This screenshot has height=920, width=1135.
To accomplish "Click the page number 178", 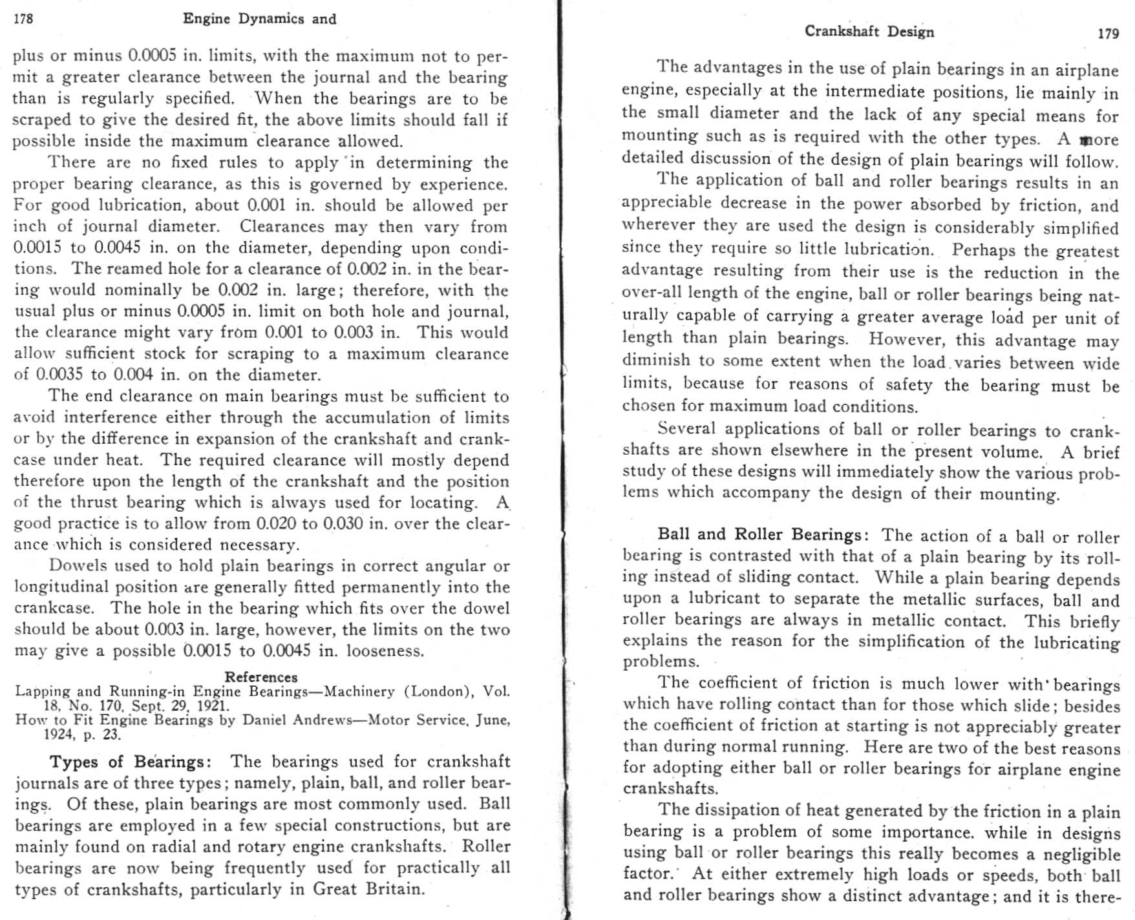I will [x=23, y=19].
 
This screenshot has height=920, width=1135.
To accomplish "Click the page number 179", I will [x=1108, y=34].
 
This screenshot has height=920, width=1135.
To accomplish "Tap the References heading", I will [x=261, y=677].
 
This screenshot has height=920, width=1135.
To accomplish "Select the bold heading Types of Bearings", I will [x=130, y=762].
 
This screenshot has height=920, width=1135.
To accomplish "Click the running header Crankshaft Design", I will [x=869, y=32].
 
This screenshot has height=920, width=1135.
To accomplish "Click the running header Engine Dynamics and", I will [x=259, y=19].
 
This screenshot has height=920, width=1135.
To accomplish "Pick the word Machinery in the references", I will [x=359, y=691].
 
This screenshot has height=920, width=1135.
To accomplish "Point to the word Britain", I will [x=396, y=889].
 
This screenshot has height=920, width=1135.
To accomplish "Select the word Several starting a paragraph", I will [x=686, y=428].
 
